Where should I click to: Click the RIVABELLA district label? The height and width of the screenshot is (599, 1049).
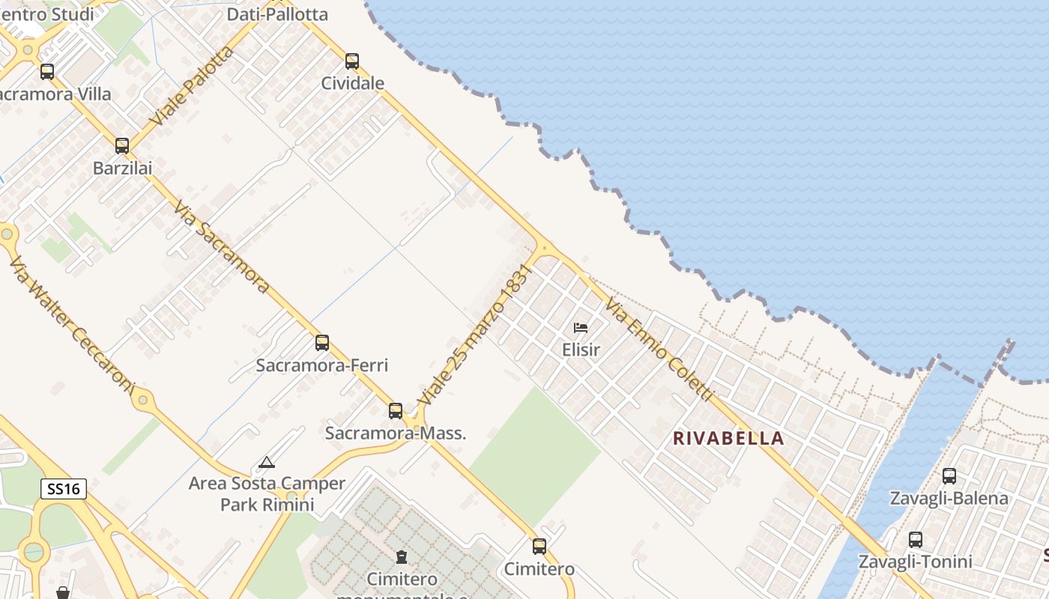click(728, 438)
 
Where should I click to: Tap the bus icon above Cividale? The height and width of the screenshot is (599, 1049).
click(352, 61)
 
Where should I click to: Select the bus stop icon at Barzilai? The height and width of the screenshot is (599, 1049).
click(122, 146)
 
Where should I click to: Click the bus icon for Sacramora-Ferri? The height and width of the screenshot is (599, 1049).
click(322, 343)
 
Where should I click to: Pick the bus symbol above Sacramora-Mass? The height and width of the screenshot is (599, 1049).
click(396, 411)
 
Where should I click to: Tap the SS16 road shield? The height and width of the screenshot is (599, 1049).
click(64, 489)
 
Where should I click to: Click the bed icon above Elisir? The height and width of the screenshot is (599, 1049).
click(581, 327)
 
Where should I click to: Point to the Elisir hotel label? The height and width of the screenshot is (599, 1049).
click(581, 349)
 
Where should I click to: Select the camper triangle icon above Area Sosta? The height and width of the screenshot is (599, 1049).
click(267, 463)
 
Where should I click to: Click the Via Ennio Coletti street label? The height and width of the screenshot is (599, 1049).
click(659, 349)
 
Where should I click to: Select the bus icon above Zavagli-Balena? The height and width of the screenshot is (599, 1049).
click(949, 476)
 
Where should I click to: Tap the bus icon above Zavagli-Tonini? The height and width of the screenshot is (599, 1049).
click(915, 540)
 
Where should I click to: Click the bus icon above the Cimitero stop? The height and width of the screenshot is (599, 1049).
click(539, 547)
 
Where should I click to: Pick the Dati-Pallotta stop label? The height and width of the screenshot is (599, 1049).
click(277, 14)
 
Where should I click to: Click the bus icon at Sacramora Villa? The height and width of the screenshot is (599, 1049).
click(47, 72)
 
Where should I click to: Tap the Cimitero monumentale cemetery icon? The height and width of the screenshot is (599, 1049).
click(402, 557)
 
